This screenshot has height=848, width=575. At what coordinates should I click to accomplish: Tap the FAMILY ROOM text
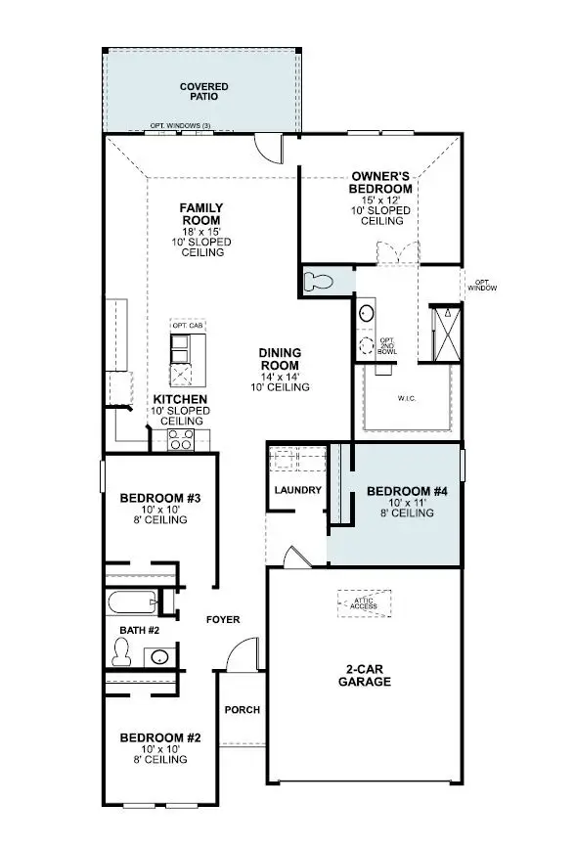pos(202,213)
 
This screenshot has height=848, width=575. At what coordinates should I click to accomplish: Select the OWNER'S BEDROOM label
pos(381,183)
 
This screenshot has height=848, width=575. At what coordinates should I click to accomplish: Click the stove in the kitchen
pos(182,439)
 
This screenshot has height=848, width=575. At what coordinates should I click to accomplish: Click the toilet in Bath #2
pos(124,649)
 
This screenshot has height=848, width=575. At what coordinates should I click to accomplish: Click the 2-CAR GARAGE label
pos(367,675)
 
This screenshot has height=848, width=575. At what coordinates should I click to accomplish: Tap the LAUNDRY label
pos(297,489)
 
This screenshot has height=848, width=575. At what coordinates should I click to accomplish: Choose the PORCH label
pos(243,710)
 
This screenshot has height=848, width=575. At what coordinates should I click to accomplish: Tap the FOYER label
pos(222,619)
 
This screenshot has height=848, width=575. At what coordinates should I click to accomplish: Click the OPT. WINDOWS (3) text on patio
pos(180,126)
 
